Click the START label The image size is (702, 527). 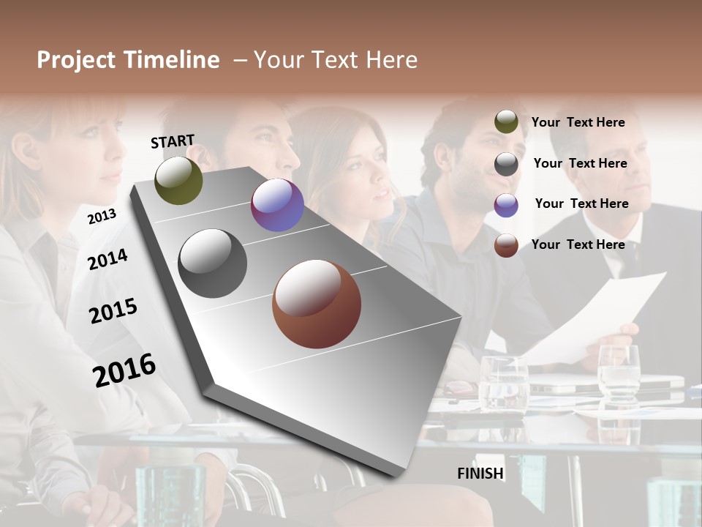point(173,141)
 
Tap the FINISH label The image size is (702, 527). point(480,474)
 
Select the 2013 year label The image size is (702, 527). point(102,216)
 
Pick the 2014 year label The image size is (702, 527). point(107,259)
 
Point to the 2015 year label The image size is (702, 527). point(113,311)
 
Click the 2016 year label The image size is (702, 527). point(124,370)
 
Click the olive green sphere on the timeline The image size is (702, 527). point(178,180)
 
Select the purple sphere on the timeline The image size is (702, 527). point(277,205)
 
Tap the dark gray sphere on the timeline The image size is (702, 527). point(213,263)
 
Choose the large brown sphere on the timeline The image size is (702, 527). point(317,304)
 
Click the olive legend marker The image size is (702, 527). point(506,122)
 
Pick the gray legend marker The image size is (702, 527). point(506,164)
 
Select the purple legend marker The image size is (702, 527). point(506,205)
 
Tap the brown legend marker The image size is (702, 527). point(506,245)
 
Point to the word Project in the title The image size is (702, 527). point(77,60)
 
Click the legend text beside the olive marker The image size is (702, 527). point(578,122)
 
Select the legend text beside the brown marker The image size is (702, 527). point(578,244)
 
